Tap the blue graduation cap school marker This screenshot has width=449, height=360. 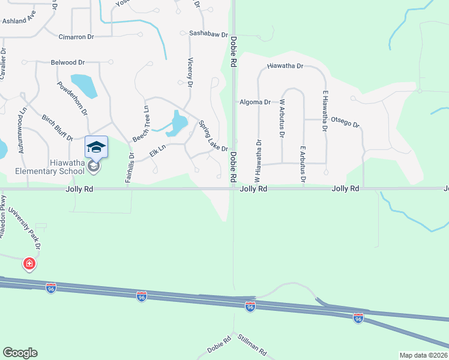(x=96, y=146)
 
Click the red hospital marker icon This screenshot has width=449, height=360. (x=29, y=263)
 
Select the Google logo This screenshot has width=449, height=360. (x=20, y=353)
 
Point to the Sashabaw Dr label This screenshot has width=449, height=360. (x=209, y=34)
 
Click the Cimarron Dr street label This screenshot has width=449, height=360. (x=76, y=37)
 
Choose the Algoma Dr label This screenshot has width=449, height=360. (x=255, y=103)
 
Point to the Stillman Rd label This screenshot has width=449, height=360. (x=252, y=344)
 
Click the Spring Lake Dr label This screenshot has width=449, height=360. (x=213, y=136)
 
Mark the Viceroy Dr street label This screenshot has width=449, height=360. (x=190, y=73)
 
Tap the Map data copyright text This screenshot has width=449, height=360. (x=423, y=355)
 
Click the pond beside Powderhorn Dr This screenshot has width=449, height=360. (x=84, y=86)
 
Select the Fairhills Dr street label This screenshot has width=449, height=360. (x=130, y=167)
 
